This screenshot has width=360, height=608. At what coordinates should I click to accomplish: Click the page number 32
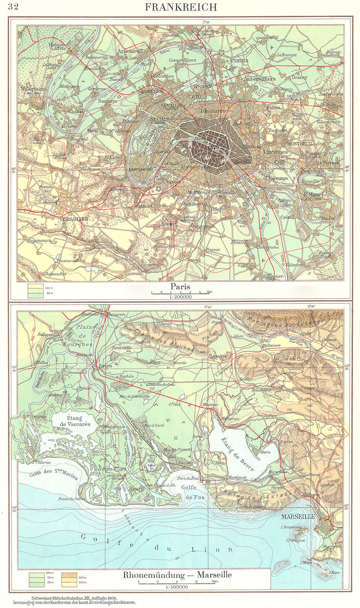[13, 8]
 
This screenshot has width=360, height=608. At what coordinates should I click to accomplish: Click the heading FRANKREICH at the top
[181, 7]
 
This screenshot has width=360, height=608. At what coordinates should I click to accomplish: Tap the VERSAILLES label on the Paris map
[74, 219]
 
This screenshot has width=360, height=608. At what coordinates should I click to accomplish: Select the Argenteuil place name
[130, 51]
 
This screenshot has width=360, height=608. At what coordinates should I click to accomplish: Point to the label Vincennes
[275, 152]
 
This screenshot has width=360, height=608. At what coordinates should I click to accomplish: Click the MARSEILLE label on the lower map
[298, 517]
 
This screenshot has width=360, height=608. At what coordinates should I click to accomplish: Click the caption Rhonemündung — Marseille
[177, 575]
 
